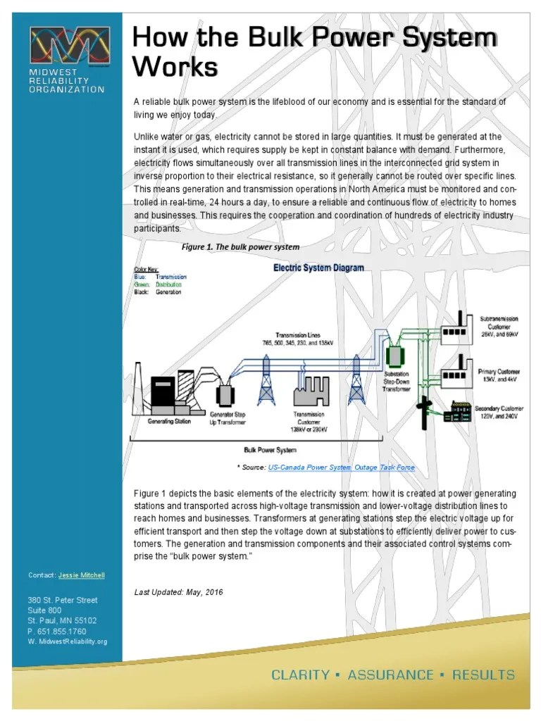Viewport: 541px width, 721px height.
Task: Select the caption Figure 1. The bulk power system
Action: tap(240, 247)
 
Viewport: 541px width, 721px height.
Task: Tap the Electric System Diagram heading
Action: tap(318, 268)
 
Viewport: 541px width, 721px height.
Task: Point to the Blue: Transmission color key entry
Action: tap(160, 277)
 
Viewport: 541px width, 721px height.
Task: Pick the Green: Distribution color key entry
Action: tap(158, 284)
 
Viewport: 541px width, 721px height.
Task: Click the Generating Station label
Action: tap(168, 422)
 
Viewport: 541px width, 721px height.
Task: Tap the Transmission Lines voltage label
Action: tap(297, 338)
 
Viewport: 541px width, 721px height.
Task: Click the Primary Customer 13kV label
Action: tap(499, 375)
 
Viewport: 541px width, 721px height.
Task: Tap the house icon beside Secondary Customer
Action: tap(457, 412)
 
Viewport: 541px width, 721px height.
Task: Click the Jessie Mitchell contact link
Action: tap(81, 575)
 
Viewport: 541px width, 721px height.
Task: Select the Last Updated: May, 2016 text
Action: tap(178, 592)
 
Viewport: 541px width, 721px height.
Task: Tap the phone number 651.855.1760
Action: tap(61, 632)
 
